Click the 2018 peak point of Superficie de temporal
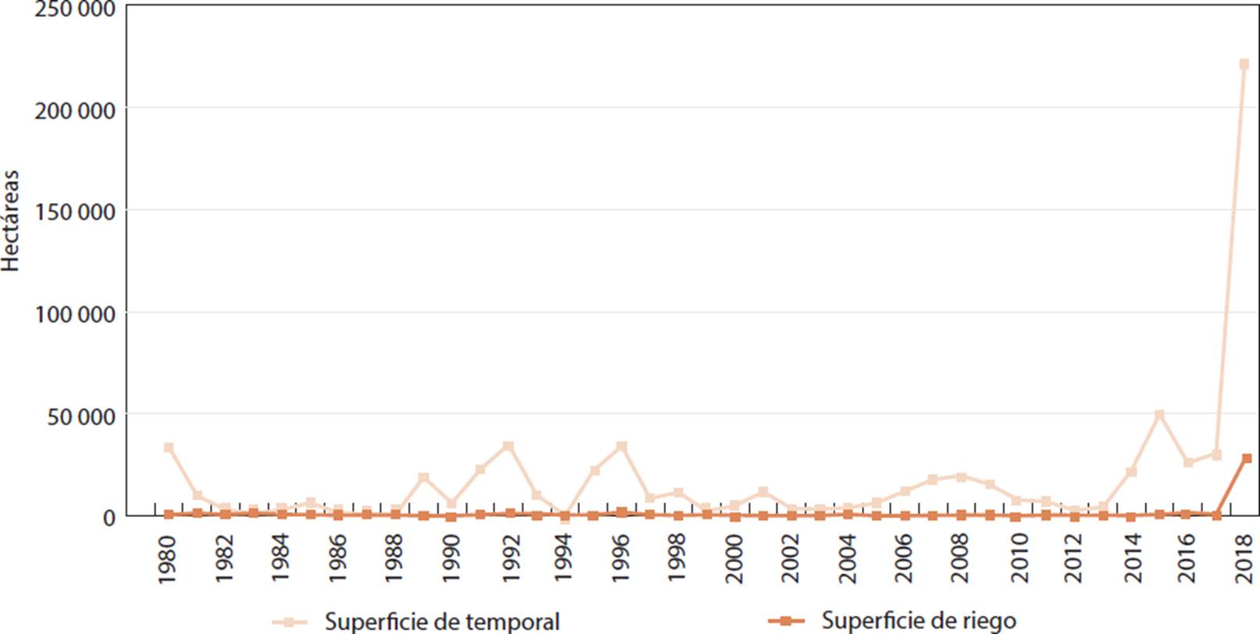coord(1244,64)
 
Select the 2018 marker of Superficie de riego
coord(1247,458)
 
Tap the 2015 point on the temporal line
coord(1159,415)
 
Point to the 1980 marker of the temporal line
coord(168,447)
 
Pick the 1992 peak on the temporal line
coord(508,447)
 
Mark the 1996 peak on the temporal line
coord(621,447)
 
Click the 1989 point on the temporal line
coord(423,477)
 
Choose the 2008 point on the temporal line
coord(961,477)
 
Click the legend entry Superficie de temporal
coord(442,622)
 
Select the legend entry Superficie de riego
coord(918,621)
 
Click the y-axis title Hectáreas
coord(10,221)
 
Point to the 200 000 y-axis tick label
coord(74,110)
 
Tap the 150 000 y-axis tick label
coord(74,212)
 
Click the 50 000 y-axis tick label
coord(80,415)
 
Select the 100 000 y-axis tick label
coord(74,314)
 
